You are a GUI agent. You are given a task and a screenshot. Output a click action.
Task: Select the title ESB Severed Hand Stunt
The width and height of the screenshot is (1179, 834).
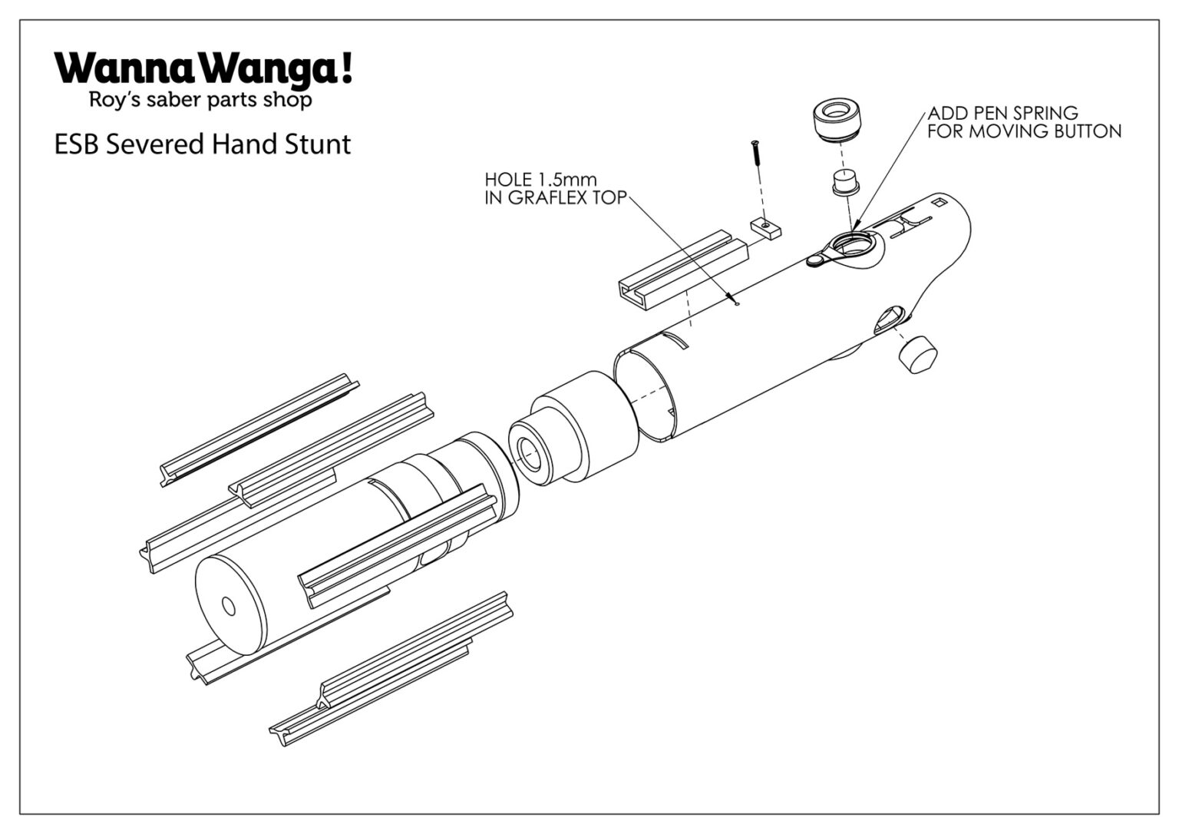203,144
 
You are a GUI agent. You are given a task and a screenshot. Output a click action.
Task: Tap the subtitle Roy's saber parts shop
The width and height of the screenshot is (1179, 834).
200,100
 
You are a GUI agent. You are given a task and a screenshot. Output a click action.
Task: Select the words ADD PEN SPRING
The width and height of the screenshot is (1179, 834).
1002,114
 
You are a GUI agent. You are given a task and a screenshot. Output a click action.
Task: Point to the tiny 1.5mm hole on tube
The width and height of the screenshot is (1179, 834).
736,303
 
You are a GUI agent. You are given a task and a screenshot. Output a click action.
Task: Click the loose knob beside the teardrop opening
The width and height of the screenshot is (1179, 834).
916,354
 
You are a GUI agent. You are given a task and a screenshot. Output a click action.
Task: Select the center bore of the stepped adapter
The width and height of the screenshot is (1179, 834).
529,453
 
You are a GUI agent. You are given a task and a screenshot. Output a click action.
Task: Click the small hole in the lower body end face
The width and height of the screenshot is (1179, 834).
229,605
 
